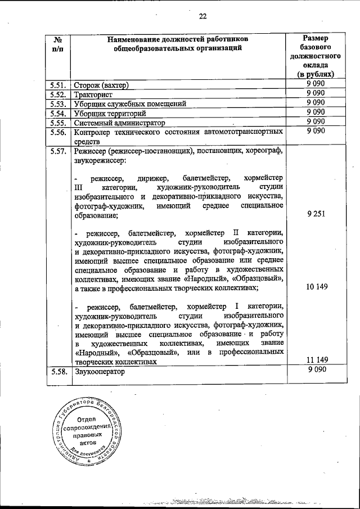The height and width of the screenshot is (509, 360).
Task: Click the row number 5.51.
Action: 58,85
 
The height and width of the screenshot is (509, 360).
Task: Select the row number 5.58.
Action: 58,372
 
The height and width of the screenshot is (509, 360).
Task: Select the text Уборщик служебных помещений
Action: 129,103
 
